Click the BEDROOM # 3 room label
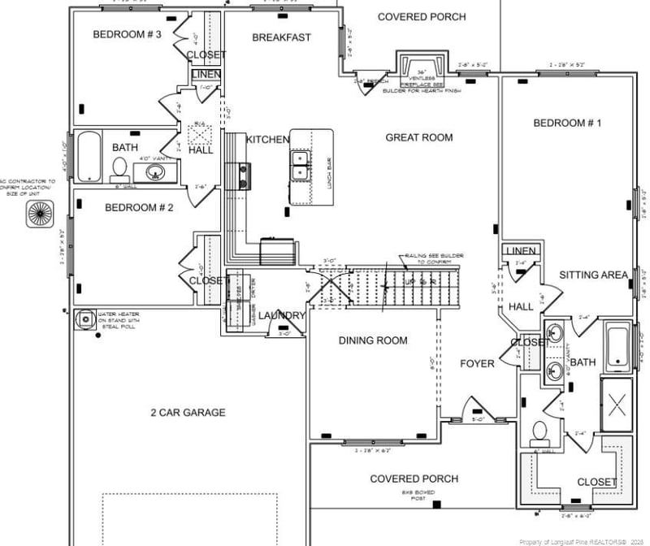coord(127,34)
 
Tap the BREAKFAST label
coord(281,37)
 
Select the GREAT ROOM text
coord(419,137)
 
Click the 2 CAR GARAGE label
coord(188,413)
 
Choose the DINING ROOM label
coord(373,340)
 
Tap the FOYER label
coord(477,363)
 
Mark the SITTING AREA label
coord(593,275)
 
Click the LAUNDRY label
coord(282,315)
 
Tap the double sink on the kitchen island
coord(299,164)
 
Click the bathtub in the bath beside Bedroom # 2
coord(87,157)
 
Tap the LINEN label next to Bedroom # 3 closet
coord(206,75)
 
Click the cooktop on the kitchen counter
coord(242,175)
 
